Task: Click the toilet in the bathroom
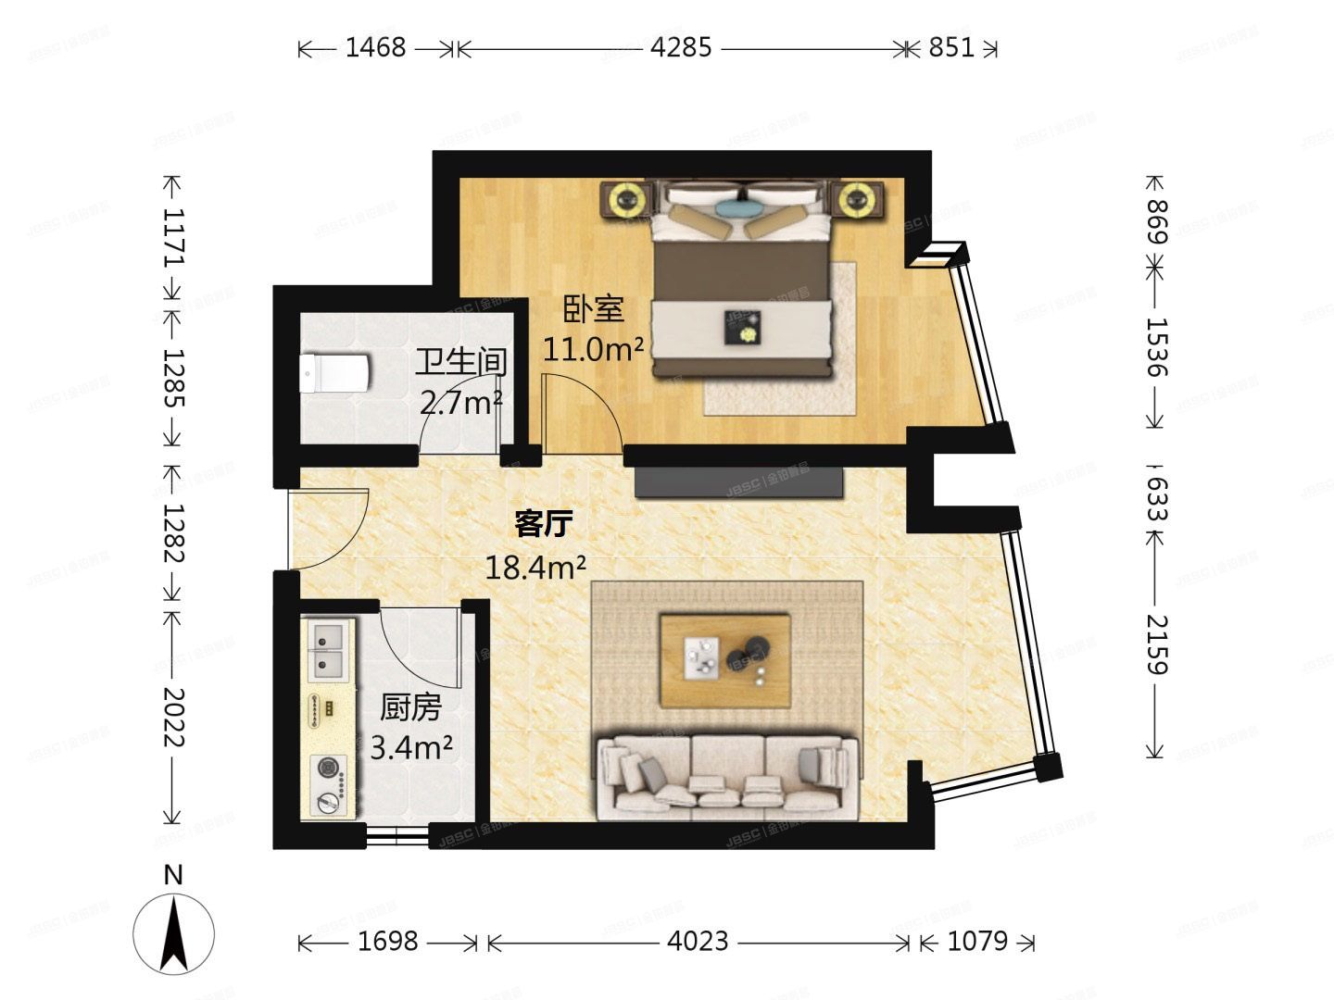334,373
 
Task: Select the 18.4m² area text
535,567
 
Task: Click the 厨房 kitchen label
410,707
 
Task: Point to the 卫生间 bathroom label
460,361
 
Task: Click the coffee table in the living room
724,659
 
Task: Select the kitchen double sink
328,648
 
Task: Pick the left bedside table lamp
628,198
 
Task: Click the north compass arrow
173,933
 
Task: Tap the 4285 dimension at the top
681,47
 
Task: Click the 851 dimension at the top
951,47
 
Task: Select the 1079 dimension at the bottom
977,942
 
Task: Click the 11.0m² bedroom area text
593,349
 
